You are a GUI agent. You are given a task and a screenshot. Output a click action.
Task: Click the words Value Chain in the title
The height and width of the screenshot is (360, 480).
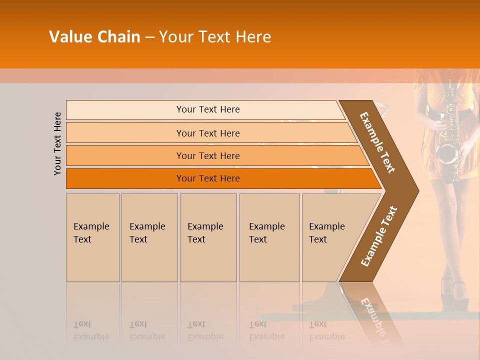94,37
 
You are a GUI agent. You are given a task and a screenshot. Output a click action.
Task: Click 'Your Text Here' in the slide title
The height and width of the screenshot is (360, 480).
215,37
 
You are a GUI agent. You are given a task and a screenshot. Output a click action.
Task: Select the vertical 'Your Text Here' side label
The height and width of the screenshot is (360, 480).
57,143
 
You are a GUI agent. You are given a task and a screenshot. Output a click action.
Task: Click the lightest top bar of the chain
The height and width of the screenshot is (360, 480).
207,109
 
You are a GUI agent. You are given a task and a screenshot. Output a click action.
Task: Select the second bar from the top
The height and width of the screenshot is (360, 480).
207,133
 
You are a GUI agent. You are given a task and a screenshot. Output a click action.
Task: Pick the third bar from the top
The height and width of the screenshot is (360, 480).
207,155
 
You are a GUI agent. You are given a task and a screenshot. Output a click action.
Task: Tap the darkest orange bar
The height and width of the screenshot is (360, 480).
207,178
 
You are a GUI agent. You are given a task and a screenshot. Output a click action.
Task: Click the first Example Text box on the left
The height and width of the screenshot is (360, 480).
92,237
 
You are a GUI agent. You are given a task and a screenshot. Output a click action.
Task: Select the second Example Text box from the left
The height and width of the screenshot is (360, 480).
149,237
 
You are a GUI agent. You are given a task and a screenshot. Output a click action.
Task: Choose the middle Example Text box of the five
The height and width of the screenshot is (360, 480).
208,237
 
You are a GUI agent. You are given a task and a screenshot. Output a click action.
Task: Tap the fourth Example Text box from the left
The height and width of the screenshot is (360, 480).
269,237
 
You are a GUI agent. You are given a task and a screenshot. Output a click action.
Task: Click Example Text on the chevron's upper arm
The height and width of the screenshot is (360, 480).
377,142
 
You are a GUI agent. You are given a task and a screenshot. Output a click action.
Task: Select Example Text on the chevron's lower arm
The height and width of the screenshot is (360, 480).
378,236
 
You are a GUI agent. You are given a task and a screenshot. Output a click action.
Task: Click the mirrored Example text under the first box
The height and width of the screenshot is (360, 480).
91,330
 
